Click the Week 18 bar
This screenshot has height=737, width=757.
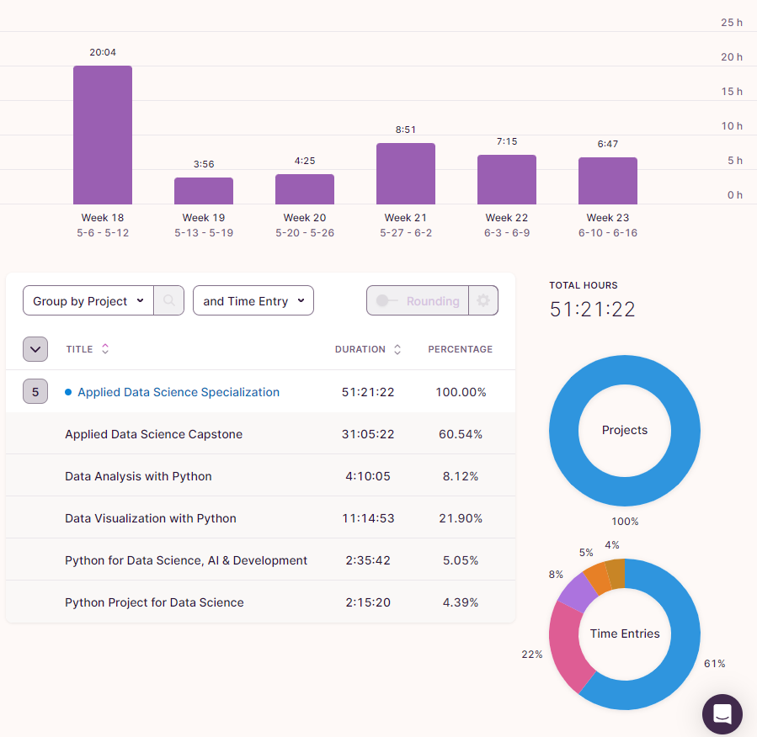[x=103, y=135]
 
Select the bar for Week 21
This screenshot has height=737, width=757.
[x=406, y=173]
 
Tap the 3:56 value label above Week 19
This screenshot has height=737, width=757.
[x=204, y=164]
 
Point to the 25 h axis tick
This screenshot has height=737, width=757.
[x=732, y=23]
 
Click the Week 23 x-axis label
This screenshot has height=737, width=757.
[x=608, y=218]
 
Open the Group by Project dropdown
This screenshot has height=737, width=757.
[x=88, y=301]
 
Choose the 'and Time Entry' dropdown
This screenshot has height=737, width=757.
[x=253, y=301]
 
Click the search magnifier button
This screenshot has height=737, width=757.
[x=169, y=301]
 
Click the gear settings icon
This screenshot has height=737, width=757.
[x=483, y=301]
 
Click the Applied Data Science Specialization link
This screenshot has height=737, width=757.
[x=179, y=392]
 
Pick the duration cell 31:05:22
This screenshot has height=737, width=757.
[x=368, y=434]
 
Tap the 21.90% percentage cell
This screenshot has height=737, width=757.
[x=461, y=518]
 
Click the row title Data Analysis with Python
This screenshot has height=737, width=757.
[x=138, y=476]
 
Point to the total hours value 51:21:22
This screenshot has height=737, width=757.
[x=593, y=309]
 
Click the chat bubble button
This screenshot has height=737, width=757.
[x=722, y=714]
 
